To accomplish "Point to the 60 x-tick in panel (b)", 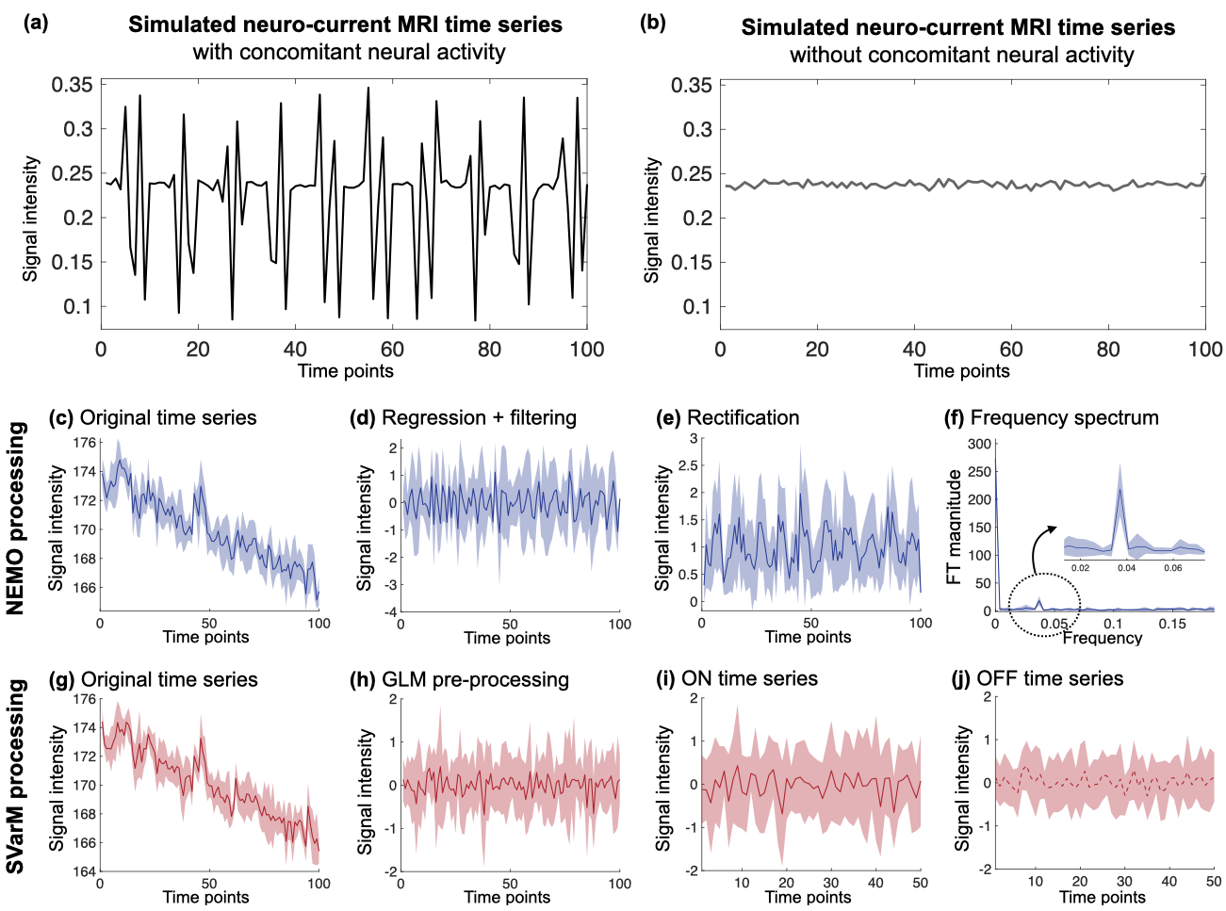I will pos(1010,350).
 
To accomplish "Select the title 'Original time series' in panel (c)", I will pos(168,417).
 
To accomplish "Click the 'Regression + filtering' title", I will pos(479,417).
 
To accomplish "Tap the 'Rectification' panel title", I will pos(743,417).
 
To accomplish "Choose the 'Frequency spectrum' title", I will pos(1064,417).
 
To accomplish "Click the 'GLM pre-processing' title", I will pos(475,679).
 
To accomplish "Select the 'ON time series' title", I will pos(752,678).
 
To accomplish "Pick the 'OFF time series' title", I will pos(1050,678).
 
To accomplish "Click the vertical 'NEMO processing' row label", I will pos(15,518).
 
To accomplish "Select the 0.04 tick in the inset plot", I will pos(1125,568).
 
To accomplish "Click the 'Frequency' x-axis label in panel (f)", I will pos(1102,638).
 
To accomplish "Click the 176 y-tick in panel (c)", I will pos(84,443).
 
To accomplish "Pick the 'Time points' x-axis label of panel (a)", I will pos(345,370).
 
